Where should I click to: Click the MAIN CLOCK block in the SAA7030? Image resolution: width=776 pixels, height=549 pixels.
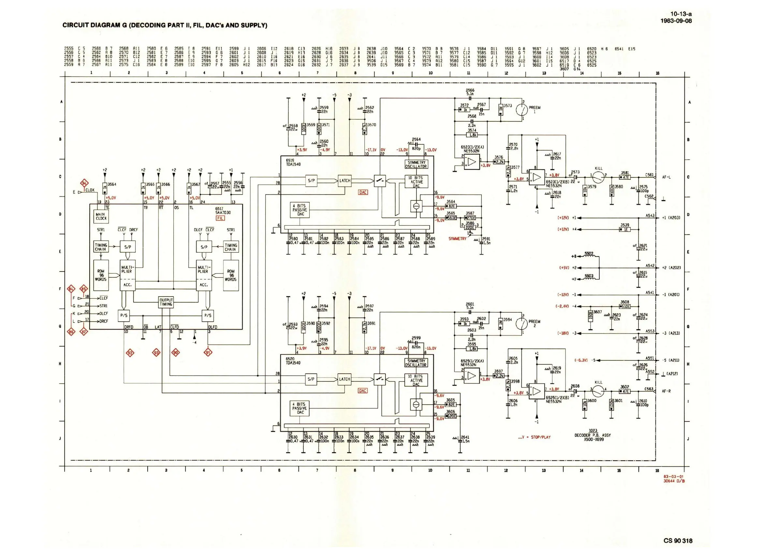click(101, 216)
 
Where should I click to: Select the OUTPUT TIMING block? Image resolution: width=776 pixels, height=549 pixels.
click(166, 302)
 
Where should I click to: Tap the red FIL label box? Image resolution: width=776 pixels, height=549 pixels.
click(220, 218)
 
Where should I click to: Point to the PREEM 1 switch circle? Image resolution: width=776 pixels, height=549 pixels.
click(522, 110)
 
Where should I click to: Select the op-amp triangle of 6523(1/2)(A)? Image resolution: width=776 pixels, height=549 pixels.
click(472, 162)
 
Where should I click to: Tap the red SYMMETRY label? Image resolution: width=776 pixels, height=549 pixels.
click(457, 239)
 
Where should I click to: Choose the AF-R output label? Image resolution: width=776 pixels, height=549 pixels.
click(666, 391)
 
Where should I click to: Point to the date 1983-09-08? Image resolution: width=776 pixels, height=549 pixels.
click(676, 21)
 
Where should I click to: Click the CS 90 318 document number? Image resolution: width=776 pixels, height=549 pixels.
click(678, 541)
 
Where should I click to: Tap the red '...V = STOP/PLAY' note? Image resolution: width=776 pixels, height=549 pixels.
click(534, 437)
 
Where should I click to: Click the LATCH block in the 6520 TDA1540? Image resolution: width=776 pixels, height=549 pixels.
click(344, 379)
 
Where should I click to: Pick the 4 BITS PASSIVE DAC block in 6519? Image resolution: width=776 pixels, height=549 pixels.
click(300, 210)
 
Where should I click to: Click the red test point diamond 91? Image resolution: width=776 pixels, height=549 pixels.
click(208, 353)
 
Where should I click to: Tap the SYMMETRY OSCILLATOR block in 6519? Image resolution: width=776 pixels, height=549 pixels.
click(416, 165)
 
